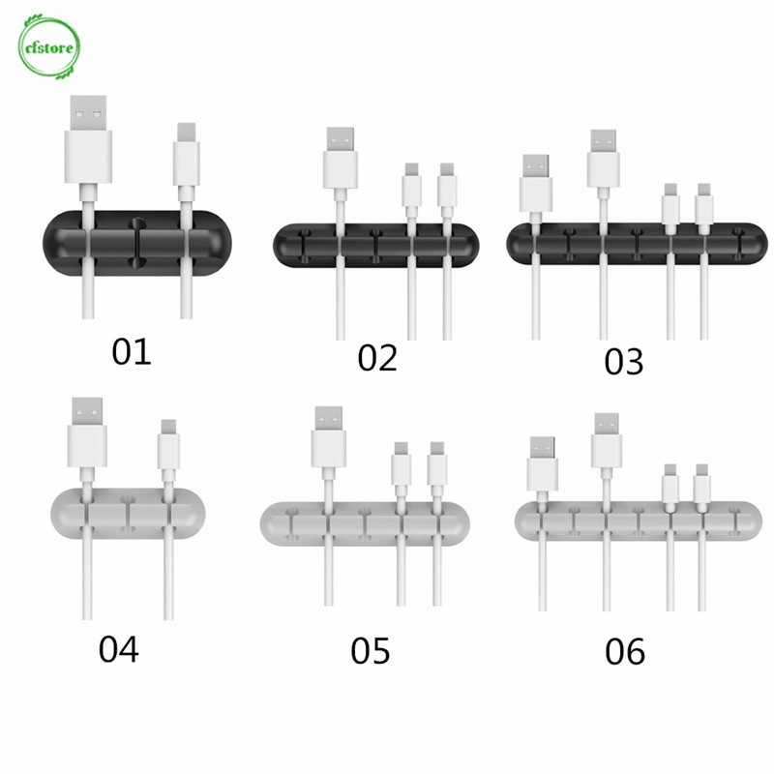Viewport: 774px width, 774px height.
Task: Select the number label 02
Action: (x=377, y=357)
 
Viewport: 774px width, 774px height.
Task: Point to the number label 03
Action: (x=623, y=362)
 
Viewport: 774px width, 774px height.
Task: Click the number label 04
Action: (x=119, y=648)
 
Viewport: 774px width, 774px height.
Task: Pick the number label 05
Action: (x=371, y=651)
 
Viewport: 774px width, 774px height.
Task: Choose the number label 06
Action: (x=624, y=652)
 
